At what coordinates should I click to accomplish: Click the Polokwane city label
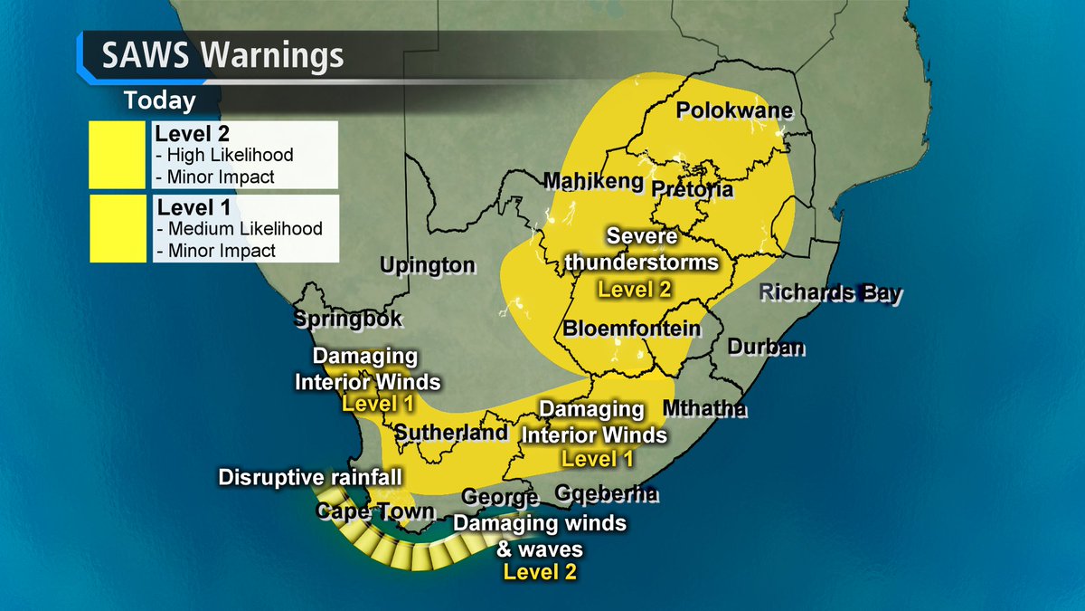pyautogui.click(x=735, y=111)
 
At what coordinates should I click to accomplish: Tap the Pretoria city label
pyautogui.click(x=692, y=190)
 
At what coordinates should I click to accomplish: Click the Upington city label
pyautogui.click(x=428, y=265)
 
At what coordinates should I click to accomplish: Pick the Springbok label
pyautogui.click(x=347, y=320)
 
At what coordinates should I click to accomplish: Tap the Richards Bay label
pyautogui.click(x=830, y=293)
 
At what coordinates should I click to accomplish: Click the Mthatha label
pyautogui.click(x=705, y=409)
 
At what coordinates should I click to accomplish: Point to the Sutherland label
pyautogui.click(x=451, y=433)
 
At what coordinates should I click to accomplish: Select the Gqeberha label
pyautogui.click(x=607, y=494)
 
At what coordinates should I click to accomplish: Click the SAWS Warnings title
pyautogui.click(x=222, y=55)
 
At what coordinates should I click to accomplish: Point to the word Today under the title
pyautogui.click(x=159, y=100)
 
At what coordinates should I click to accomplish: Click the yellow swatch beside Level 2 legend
pyautogui.click(x=118, y=155)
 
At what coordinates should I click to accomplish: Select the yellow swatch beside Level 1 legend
pyautogui.click(x=118, y=228)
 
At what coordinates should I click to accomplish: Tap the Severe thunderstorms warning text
pyautogui.click(x=663, y=250)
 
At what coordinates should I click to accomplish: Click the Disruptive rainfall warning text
pyautogui.click(x=310, y=477)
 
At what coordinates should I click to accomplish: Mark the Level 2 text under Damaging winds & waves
pyautogui.click(x=540, y=571)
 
